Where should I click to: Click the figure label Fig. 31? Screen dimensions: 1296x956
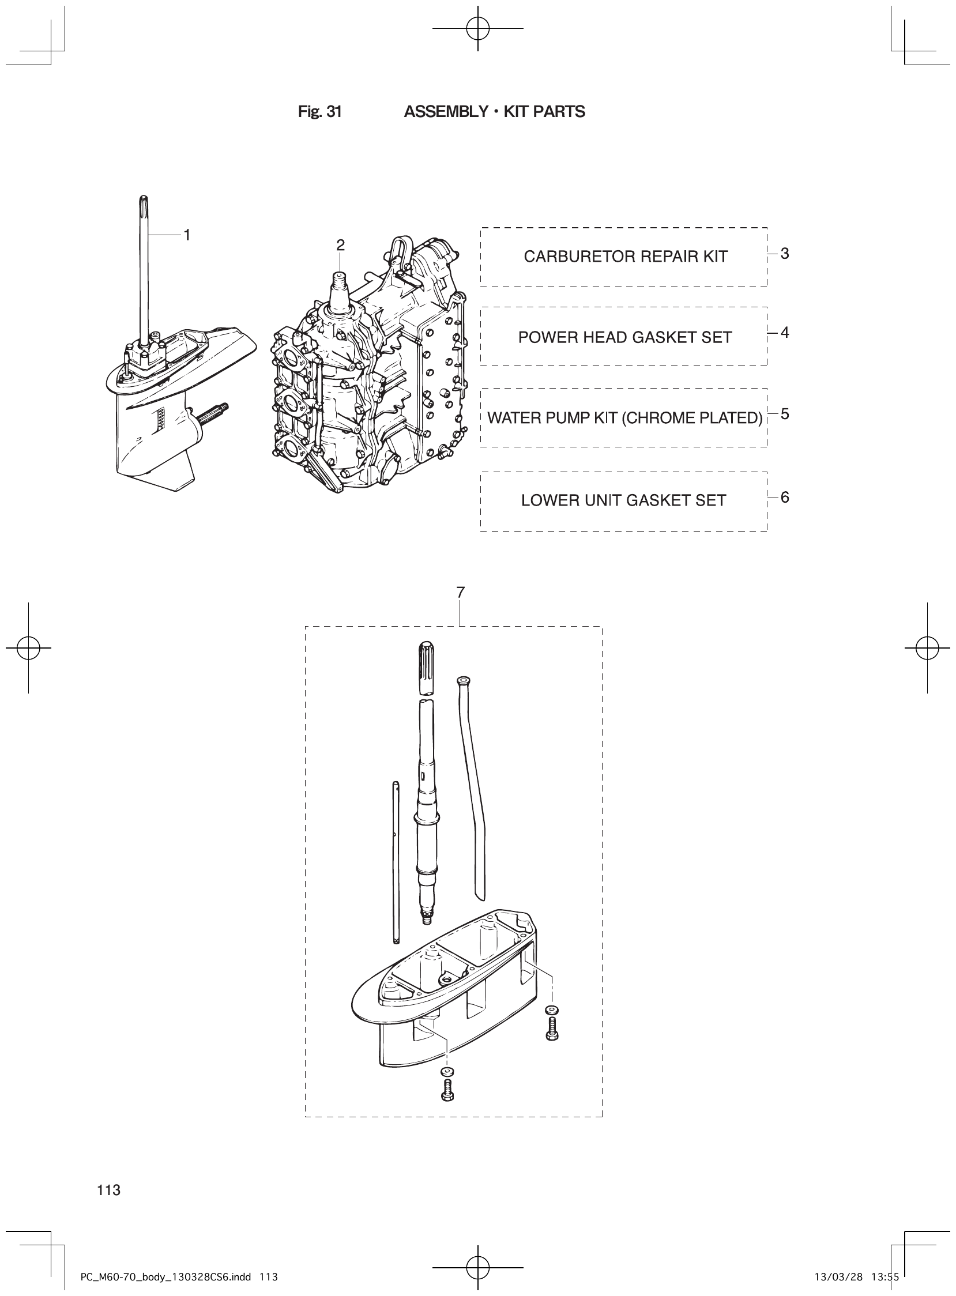[319, 112]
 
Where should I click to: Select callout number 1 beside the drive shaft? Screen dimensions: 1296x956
[187, 234]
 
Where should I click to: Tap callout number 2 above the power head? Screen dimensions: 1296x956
[340, 246]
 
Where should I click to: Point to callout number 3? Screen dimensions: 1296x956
[785, 254]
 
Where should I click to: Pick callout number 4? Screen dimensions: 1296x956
[785, 333]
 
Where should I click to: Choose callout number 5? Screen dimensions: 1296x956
[785, 415]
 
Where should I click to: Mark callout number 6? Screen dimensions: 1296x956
[785, 498]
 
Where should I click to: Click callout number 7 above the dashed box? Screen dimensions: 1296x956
[460, 593]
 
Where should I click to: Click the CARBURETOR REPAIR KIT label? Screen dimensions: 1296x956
[625, 257]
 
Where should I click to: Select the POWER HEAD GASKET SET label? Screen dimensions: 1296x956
[624, 337]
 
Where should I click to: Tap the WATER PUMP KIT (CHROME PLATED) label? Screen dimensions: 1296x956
[624, 418]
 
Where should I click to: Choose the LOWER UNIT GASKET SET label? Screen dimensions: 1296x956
[623, 500]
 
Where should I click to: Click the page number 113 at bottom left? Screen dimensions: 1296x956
[109, 1190]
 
